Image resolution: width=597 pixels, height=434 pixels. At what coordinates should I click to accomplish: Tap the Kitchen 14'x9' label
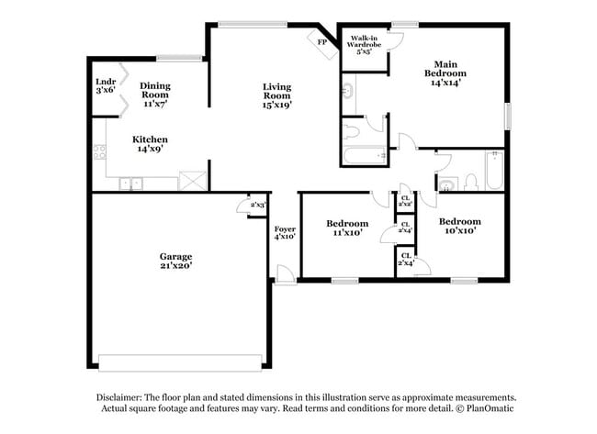tap(152, 143)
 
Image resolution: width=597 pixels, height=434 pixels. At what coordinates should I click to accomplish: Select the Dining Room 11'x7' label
tap(154, 95)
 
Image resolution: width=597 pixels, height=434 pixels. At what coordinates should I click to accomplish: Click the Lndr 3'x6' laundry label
tap(106, 85)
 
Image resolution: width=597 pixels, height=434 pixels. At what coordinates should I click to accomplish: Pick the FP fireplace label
tap(322, 42)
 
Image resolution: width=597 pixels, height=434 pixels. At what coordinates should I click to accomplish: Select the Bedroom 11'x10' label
tap(347, 228)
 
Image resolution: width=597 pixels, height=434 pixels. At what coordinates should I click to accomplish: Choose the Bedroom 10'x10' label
tap(458, 226)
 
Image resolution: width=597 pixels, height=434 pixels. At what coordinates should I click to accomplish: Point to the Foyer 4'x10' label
tap(285, 232)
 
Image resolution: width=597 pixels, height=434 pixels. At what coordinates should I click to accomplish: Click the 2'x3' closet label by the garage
tap(257, 205)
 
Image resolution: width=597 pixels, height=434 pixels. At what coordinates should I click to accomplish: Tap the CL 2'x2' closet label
tap(405, 199)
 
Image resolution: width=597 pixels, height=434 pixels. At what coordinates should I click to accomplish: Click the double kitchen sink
tap(130, 184)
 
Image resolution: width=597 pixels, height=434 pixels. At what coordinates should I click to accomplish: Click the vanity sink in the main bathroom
tap(348, 91)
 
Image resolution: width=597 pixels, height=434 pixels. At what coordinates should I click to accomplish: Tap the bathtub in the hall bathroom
tap(494, 171)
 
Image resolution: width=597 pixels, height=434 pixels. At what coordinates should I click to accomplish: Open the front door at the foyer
tap(286, 273)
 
